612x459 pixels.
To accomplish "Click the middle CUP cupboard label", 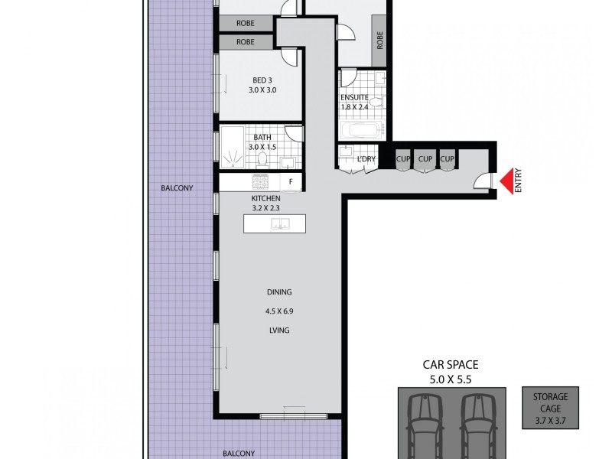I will pyautogui.click(x=425, y=159).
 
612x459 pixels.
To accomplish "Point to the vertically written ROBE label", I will pyautogui.click(x=379, y=39).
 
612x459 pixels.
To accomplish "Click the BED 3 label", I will pyautogui.click(x=262, y=79).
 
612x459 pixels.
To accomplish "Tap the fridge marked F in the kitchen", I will pyautogui.click(x=291, y=182).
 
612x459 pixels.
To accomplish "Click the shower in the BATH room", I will pyautogui.click(x=230, y=148).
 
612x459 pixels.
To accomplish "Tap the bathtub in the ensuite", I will pyautogui.click(x=360, y=131).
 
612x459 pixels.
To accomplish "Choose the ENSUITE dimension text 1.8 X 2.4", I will pyautogui.click(x=355, y=108).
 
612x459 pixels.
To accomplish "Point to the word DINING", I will pyautogui.click(x=279, y=292).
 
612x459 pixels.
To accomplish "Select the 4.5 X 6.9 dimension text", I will pyautogui.click(x=279, y=311).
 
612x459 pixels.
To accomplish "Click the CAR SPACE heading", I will pyautogui.click(x=451, y=366).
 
